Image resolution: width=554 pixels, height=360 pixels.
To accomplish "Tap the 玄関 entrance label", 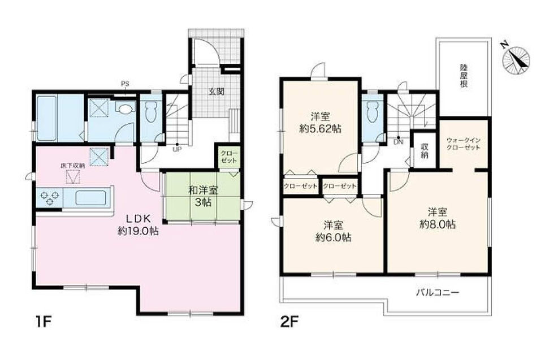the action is coord(216,92).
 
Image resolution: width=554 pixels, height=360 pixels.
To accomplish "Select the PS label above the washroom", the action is coord(125,84).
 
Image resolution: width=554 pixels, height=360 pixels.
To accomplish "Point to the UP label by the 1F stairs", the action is coord(177,149).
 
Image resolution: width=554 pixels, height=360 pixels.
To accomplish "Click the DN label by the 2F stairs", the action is coord(398,142).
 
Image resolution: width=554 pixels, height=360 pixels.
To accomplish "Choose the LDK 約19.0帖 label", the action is coord(138,225).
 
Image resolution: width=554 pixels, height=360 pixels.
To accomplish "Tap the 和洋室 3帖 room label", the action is coord(203,197).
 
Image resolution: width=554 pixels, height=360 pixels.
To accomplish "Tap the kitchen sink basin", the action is coord(90,198).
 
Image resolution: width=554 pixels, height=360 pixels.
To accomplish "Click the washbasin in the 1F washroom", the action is coord(124,109).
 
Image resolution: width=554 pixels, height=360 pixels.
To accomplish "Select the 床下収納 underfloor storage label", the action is coord(72,166).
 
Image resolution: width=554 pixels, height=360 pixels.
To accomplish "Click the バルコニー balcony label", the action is coord(437,293).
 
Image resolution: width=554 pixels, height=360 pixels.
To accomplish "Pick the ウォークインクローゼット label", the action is coord(463,144).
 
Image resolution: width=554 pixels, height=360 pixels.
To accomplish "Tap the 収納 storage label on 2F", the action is coord(425,150).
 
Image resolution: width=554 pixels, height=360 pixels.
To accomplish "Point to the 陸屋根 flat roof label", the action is coord(464,76).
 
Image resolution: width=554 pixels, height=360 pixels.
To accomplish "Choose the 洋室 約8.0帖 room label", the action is coord(438,218).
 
